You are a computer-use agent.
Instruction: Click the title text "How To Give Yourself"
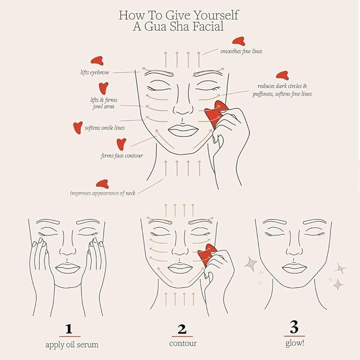point(180,14)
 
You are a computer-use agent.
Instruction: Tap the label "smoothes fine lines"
point(241,51)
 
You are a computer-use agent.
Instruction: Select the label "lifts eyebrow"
point(93,71)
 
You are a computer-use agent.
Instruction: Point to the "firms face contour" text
point(121,156)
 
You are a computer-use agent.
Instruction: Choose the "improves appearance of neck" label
point(102,193)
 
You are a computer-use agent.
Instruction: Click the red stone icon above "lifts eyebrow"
point(96,60)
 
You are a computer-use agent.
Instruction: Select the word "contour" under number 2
point(182,344)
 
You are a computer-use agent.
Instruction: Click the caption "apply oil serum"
point(72,344)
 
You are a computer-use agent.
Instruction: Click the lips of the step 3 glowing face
point(293,267)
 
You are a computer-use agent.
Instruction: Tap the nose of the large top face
point(182,109)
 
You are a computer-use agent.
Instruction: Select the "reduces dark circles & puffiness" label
point(284,90)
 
